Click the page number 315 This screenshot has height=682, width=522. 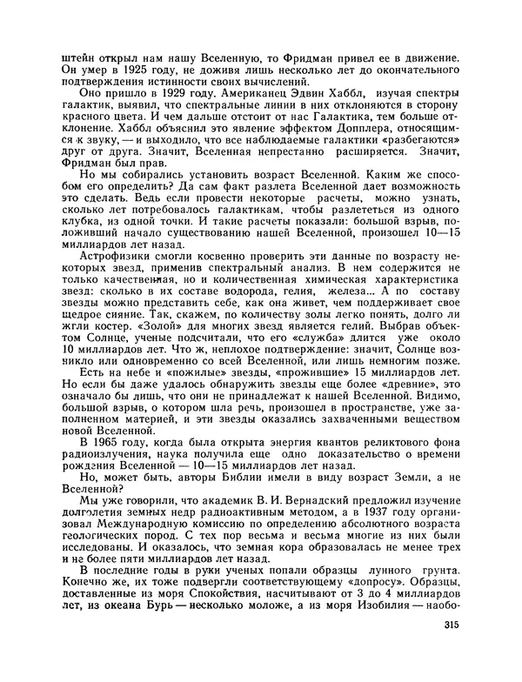click(450, 628)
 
